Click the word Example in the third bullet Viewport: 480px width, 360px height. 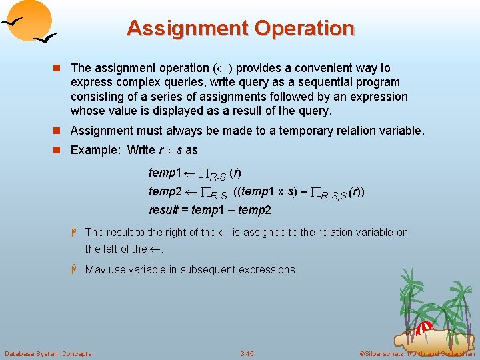coord(96,150)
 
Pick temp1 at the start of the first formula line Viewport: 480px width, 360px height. coord(165,173)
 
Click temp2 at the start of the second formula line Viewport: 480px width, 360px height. coord(165,192)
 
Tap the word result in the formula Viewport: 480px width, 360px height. coord(163,211)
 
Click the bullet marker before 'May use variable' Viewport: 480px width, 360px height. coord(76,269)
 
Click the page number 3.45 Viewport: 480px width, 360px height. coord(247,353)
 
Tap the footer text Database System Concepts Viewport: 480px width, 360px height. coord(48,353)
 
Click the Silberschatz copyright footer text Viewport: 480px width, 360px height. coord(417,353)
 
